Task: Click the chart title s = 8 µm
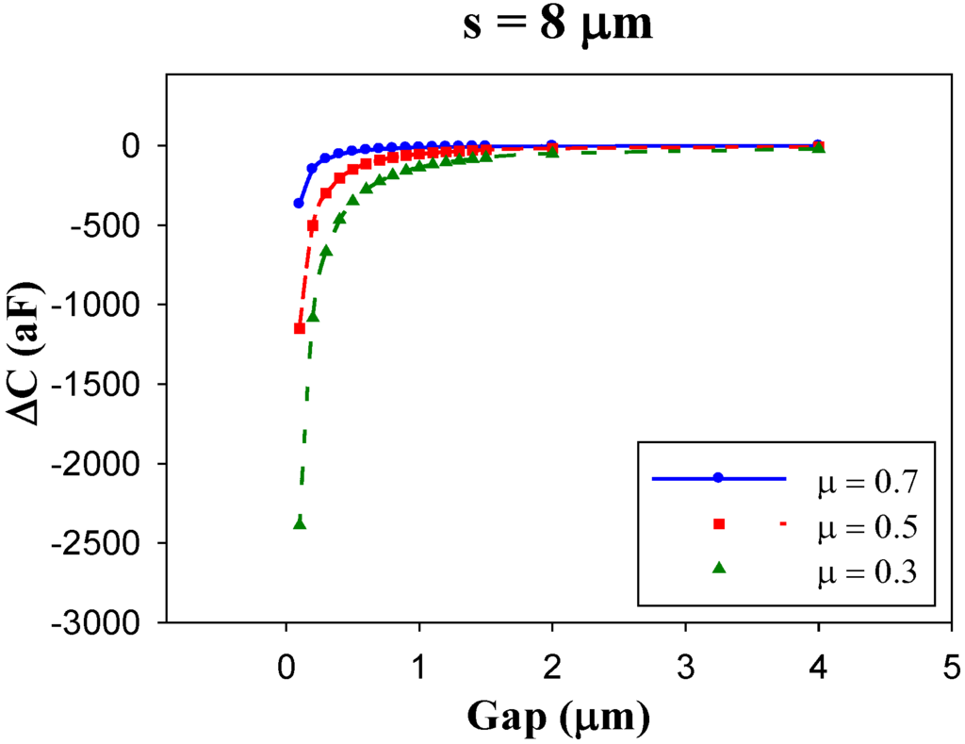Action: (x=557, y=25)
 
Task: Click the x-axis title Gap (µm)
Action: (x=557, y=719)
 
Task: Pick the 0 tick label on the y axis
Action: (x=134, y=145)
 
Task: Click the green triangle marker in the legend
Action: (x=718, y=567)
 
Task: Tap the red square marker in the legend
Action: (x=718, y=523)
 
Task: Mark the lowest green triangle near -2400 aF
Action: (x=300, y=522)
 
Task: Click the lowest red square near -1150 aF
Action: (x=300, y=328)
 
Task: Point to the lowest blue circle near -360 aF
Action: (x=299, y=203)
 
